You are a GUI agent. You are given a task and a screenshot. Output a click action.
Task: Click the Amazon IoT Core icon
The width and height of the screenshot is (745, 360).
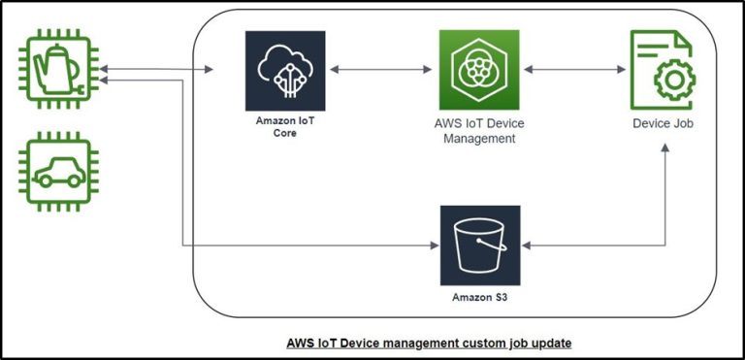coord(285,71)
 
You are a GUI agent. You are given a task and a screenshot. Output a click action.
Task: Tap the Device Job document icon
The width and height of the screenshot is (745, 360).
coord(662,70)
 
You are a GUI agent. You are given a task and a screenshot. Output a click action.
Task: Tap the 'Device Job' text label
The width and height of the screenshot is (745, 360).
coord(663,124)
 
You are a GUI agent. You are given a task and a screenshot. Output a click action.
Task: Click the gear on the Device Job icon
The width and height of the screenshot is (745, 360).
coord(670,82)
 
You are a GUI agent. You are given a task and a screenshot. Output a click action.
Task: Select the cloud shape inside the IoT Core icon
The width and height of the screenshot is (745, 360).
coord(285,62)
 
